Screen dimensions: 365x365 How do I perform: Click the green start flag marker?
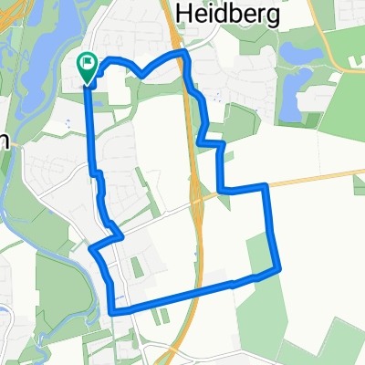pos(87,65)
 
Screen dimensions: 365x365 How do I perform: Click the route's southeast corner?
pos(277,269)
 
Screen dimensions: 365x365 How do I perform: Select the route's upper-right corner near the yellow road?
pos(265,186)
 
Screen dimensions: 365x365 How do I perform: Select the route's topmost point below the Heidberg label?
pos(183,54)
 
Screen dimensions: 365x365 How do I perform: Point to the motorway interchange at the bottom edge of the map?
pos(173,351)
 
